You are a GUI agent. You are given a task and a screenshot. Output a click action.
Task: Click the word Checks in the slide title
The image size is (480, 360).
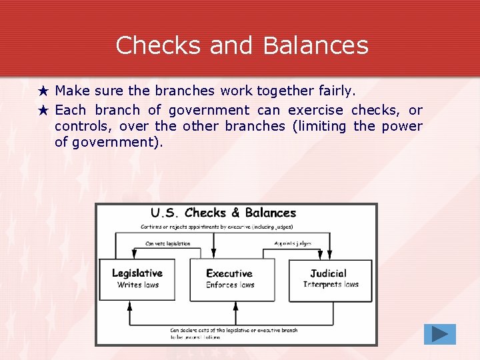click(157, 45)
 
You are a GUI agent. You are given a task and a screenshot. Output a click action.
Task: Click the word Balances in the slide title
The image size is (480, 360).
click(315, 45)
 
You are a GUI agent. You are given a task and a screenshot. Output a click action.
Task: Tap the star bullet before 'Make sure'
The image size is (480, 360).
click(44, 91)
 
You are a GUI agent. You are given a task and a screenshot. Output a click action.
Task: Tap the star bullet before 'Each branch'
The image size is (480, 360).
click(44, 110)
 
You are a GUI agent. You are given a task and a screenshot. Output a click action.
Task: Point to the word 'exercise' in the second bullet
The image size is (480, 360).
click(315, 110)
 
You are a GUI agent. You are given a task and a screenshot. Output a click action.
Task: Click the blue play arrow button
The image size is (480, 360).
click(439, 334)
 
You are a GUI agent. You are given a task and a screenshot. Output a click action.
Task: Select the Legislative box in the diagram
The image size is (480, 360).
click(137, 279)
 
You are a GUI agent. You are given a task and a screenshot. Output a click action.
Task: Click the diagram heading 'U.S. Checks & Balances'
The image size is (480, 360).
click(223, 213)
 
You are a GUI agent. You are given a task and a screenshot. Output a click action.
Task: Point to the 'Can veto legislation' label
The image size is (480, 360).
click(167, 243)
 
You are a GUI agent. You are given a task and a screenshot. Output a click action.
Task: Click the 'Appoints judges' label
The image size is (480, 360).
click(293, 243)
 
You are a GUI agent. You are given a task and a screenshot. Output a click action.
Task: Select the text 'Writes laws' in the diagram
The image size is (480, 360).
click(138, 285)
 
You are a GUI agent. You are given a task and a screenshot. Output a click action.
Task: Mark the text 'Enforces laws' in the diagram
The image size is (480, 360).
click(230, 285)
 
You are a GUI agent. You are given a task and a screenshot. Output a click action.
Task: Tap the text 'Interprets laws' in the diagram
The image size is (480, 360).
click(331, 285)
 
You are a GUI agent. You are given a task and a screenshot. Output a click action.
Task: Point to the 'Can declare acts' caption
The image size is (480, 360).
click(233, 330)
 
